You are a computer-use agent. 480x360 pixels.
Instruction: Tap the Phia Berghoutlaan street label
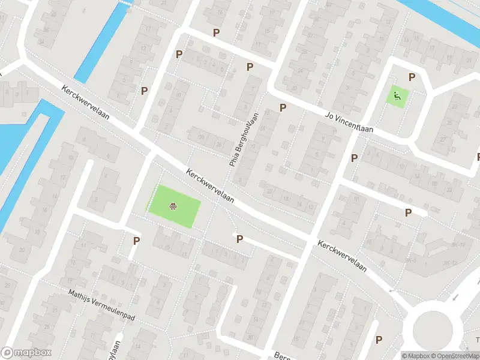click(x=244, y=139)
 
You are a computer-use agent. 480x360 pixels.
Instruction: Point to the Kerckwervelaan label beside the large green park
click(x=209, y=187)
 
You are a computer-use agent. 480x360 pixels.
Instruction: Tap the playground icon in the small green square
click(x=397, y=95)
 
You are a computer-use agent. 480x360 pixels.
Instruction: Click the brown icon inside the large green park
click(x=173, y=206)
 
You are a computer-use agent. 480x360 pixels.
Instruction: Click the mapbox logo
click(x=26, y=352)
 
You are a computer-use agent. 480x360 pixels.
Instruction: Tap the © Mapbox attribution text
click(x=415, y=356)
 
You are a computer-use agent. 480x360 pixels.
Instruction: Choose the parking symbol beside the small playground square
click(x=412, y=77)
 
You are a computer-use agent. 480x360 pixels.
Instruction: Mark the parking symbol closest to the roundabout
click(x=379, y=340)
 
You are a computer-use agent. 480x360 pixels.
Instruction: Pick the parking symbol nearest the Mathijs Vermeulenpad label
click(x=136, y=241)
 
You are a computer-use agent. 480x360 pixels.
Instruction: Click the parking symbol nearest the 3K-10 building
click(x=408, y=212)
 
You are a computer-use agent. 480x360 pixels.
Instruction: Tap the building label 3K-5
click(x=411, y=260)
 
